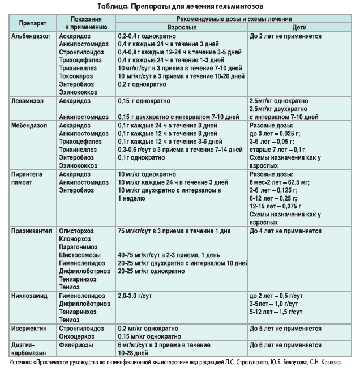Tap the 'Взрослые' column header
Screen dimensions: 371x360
[181, 27]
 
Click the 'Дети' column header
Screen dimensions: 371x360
[301, 27]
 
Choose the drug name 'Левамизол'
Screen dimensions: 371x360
[28, 100]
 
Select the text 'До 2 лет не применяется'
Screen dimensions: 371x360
[285, 36]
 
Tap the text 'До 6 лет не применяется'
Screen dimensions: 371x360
[285, 344]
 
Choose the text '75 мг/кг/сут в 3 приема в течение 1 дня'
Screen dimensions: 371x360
[174, 232]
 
